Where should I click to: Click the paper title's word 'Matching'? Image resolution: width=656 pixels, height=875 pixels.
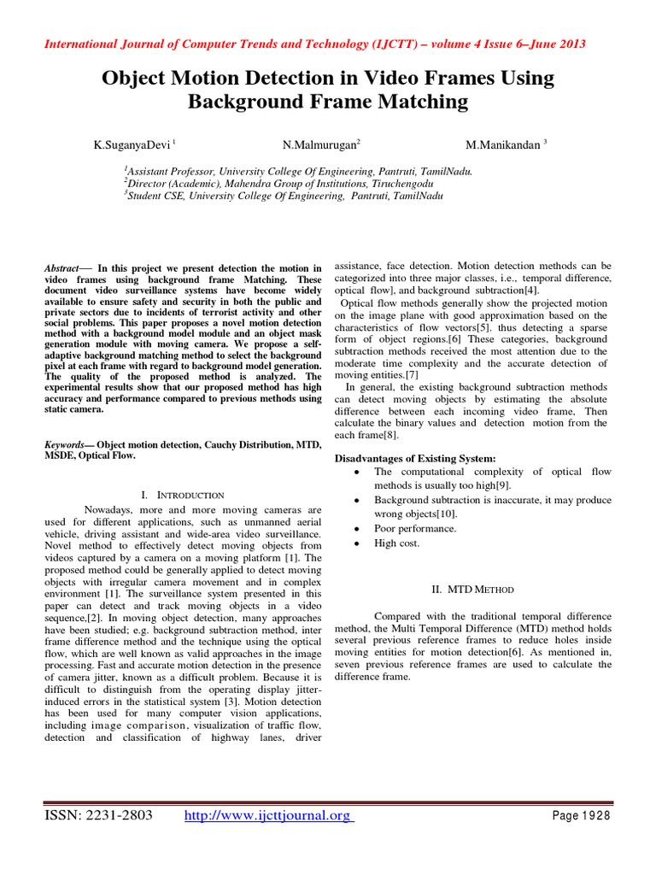420,103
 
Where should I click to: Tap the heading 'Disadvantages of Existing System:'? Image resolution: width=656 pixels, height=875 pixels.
414,458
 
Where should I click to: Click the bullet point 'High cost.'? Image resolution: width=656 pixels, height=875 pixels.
397,543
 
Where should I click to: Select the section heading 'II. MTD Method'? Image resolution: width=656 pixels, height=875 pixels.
471,590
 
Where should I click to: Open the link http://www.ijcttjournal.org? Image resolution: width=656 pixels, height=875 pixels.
267,816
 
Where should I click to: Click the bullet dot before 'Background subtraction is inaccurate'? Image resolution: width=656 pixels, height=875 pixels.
354,500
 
